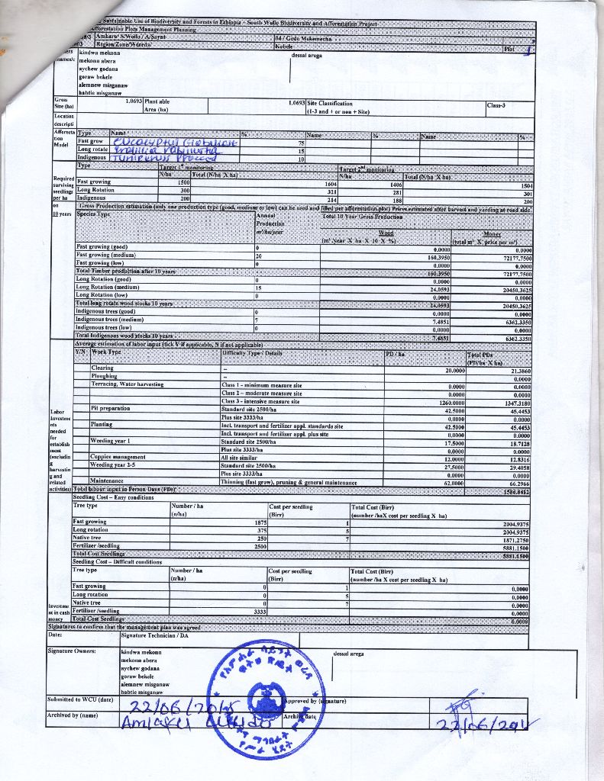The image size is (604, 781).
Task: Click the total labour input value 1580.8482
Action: (515, 491)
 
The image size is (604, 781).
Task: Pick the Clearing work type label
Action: (102, 368)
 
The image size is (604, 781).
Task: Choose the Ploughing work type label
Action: (104, 376)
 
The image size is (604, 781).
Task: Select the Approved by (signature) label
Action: (314, 699)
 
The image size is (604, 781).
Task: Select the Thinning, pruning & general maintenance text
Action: (288, 483)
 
